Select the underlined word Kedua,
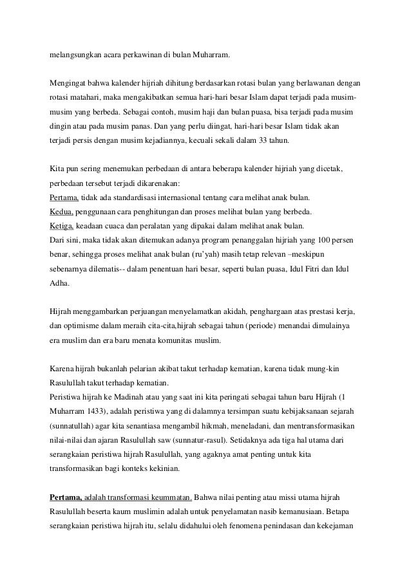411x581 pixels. [x=62, y=212]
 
